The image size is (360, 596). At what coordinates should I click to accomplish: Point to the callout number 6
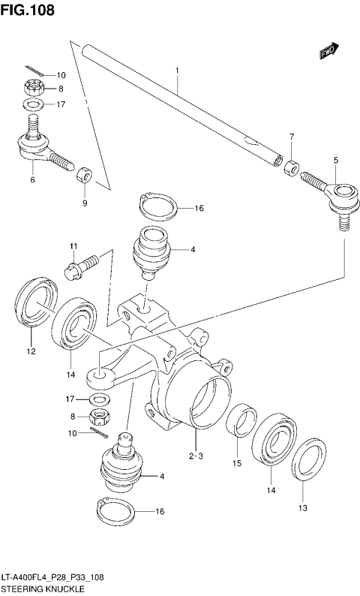click(32, 180)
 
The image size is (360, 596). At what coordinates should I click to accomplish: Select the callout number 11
click(73, 247)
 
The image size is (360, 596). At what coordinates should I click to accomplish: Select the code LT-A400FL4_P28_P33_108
click(58, 579)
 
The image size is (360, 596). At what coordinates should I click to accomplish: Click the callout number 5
click(335, 160)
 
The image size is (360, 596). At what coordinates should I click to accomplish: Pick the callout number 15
click(236, 464)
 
